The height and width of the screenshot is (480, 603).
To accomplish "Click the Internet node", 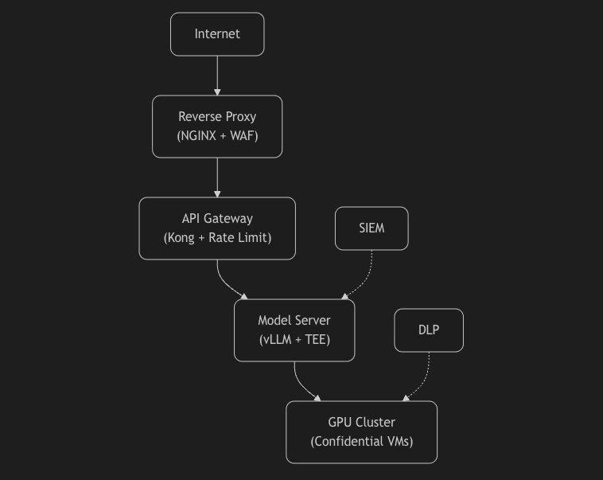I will point(217,34).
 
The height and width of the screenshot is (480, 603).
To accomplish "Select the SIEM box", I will point(372,228).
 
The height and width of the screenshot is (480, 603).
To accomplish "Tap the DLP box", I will point(429,330).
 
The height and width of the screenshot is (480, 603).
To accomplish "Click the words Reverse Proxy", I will point(217,117).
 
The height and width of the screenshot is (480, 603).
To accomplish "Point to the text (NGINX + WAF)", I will point(217,136).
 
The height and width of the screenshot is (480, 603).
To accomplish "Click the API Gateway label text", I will point(217,219).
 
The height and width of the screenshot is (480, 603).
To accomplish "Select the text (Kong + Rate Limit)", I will point(217,238).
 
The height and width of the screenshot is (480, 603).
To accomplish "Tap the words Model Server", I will point(294,321).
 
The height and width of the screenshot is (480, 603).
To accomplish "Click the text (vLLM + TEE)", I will point(294,340).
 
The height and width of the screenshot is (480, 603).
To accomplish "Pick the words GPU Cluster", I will point(361,423).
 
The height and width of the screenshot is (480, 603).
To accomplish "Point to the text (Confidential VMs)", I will point(361,442).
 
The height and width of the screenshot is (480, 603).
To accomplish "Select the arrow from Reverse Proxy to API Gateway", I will point(217,176).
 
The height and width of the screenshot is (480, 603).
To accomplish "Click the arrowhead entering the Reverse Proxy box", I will point(217,92).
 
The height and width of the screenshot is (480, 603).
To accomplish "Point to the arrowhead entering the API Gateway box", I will point(217,194).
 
